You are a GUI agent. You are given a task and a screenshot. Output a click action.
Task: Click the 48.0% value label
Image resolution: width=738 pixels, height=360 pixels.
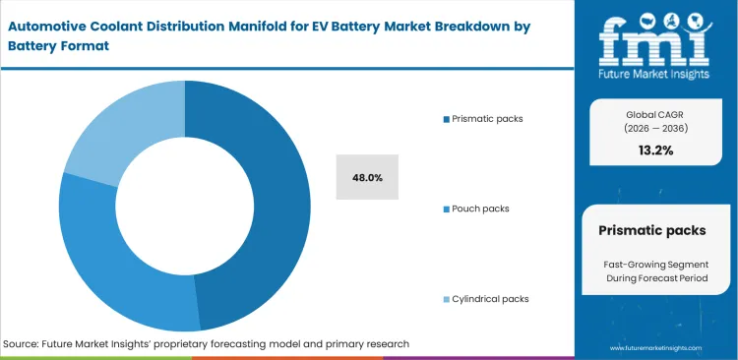[x=367, y=178]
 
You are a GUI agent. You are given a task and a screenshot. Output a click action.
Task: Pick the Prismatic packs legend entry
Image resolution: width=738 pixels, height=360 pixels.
[x=487, y=118]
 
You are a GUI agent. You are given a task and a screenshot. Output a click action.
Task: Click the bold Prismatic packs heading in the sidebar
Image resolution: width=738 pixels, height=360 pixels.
[x=651, y=230]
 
